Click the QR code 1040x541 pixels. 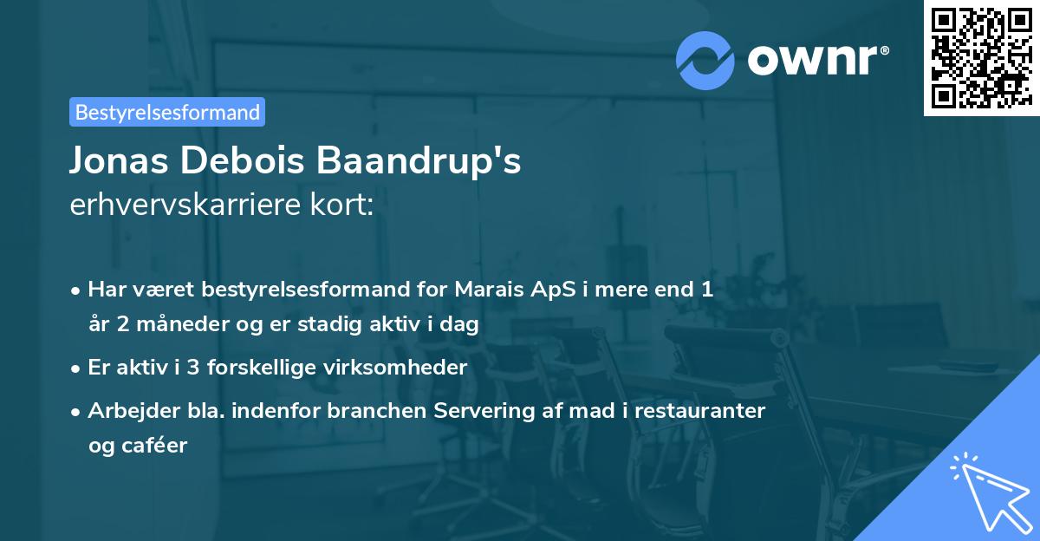[980, 58]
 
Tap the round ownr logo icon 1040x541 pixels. [705, 60]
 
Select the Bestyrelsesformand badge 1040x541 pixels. [167, 112]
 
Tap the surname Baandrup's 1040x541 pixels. [419, 161]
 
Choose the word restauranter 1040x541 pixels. [700, 410]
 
